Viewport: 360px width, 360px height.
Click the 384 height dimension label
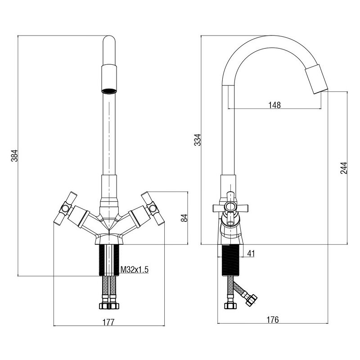point(14,155)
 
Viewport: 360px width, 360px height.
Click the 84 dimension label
point(183,218)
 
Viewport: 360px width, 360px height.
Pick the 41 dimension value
point(251,254)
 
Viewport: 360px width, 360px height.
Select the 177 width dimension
point(108,322)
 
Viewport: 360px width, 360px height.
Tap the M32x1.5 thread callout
point(135,270)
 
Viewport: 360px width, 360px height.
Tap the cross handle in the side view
point(230,207)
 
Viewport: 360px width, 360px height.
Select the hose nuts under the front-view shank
point(108,305)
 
